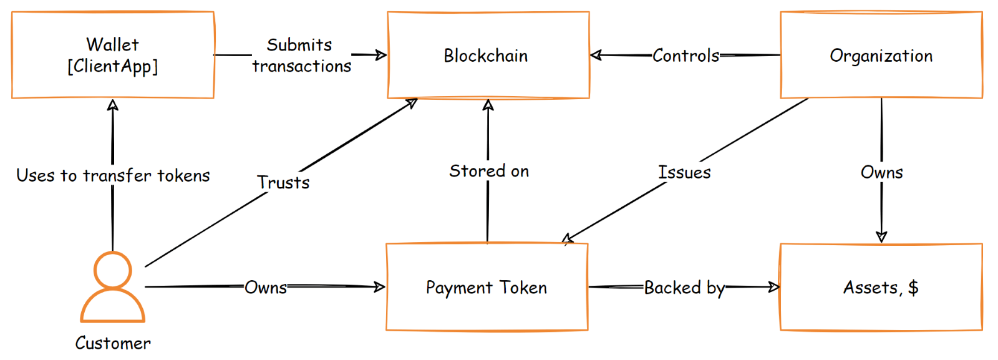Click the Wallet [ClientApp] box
(112, 55)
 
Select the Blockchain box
(488, 56)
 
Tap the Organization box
(881, 56)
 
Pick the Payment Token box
(487, 288)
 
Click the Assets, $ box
(881, 288)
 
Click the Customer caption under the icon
(113, 343)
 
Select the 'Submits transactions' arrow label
(301, 56)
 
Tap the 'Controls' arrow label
(686, 56)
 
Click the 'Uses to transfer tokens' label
(113, 175)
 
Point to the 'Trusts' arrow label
(283, 182)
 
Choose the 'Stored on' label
(489, 171)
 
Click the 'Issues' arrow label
(684, 172)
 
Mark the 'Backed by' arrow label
(684, 288)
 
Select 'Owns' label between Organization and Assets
(881, 172)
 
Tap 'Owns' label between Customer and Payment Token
(266, 288)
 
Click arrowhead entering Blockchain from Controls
(595, 55)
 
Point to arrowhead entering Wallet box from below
(113, 104)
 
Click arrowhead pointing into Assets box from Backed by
(775, 287)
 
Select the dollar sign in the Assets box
(913, 288)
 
